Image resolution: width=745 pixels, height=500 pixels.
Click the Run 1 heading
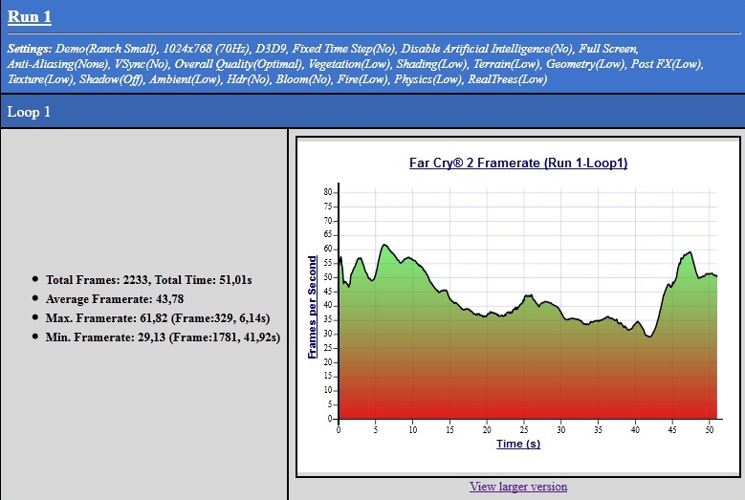[x=30, y=16]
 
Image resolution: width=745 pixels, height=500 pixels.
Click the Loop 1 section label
[x=30, y=112]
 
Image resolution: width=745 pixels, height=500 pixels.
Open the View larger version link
[x=517, y=487]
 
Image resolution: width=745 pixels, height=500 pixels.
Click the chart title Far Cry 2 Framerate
[x=517, y=163]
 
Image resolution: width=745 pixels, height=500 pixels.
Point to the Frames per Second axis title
[x=313, y=307]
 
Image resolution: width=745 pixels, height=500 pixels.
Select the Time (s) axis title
[x=517, y=444]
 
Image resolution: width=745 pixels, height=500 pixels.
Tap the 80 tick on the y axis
[x=326, y=192]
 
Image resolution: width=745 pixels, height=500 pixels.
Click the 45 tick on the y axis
[x=326, y=292]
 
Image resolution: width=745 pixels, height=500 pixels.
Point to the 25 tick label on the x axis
[x=523, y=429]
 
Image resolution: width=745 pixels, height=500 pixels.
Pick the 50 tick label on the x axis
[x=709, y=429]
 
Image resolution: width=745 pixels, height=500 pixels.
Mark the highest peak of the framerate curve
[x=383, y=245]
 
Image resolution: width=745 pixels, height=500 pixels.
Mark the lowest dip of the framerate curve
[x=649, y=337]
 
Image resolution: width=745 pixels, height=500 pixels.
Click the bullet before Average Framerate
[x=36, y=299]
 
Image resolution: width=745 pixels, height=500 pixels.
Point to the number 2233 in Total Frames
[x=139, y=280]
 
